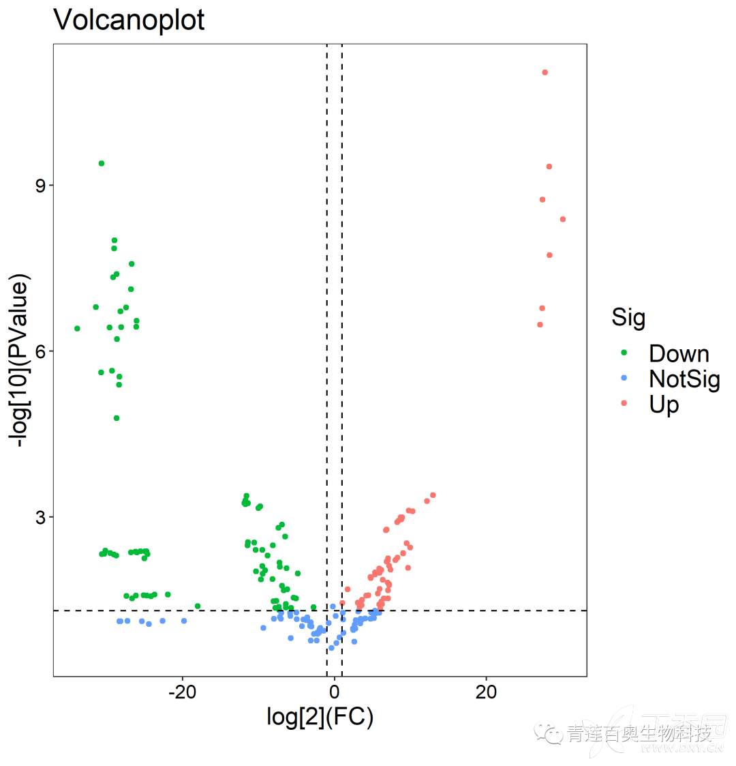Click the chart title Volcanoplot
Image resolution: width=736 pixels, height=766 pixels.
[129, 20]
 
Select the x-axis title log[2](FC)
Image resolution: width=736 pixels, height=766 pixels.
[320, 717]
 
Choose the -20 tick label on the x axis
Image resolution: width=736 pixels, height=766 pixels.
[181, 692]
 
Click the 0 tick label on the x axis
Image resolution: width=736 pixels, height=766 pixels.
[335, 692]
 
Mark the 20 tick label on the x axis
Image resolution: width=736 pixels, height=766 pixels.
[486, 692]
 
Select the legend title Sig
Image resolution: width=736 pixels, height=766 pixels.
[628, 317]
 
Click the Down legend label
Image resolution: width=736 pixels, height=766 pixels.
[679, 353]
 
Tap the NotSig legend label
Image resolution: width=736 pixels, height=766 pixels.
[684, 379]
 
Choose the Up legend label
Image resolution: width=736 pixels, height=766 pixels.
[664, 404]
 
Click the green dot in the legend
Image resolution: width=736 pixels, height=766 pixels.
[624, 353]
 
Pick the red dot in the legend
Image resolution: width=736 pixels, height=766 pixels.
[624, 403]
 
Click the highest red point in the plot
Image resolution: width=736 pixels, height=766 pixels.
[545, 72]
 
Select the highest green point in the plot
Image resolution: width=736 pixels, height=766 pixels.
[102, 163]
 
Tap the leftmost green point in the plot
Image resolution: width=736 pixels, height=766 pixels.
[77, 328]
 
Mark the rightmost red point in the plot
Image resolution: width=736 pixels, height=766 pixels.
[563, 219]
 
